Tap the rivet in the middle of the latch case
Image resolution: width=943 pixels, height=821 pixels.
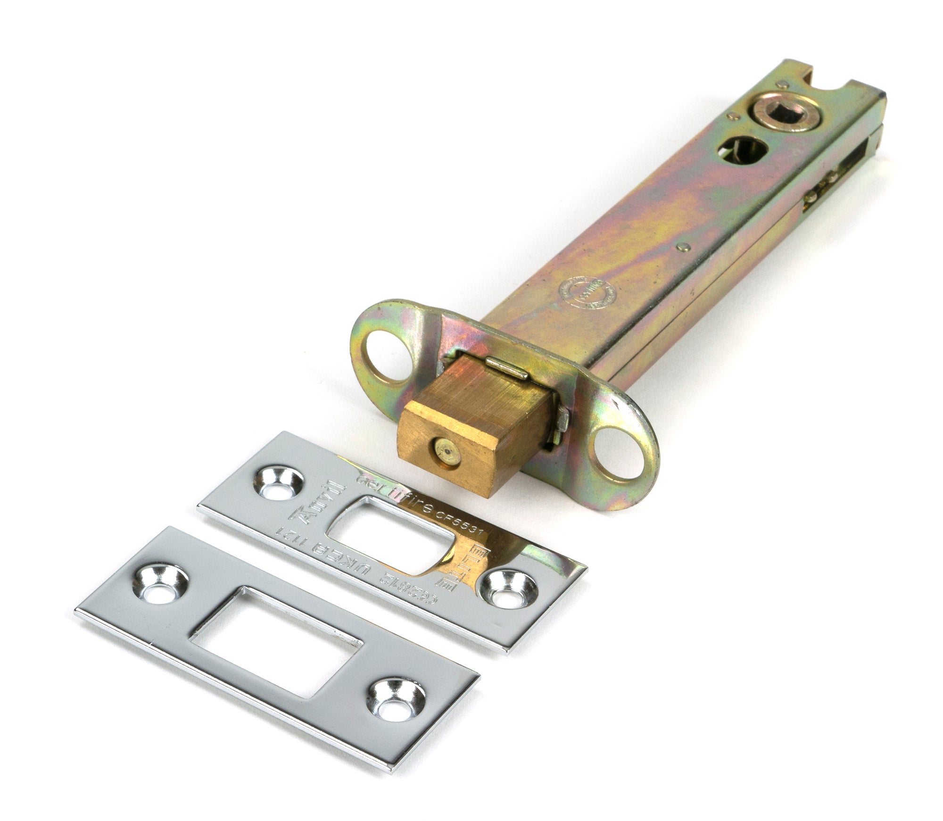[682, 246]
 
